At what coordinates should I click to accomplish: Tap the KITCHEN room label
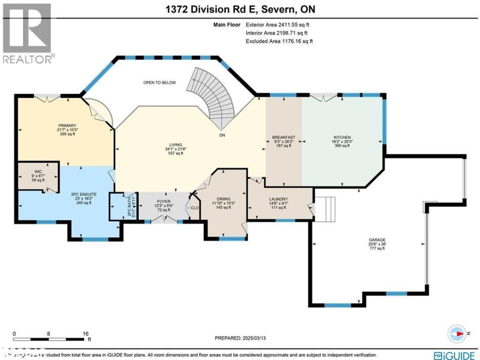coord(342,137)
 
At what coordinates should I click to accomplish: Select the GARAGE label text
coord(376,240)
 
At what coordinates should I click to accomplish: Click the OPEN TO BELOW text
coord(159,83)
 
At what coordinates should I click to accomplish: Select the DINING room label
coord(223,199)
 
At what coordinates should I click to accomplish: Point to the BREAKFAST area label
coord(284,137)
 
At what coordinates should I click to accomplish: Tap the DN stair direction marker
coord(221,135)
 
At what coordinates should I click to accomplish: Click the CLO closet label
coord(194,208)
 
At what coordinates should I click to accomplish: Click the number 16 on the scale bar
coord(86,333)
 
